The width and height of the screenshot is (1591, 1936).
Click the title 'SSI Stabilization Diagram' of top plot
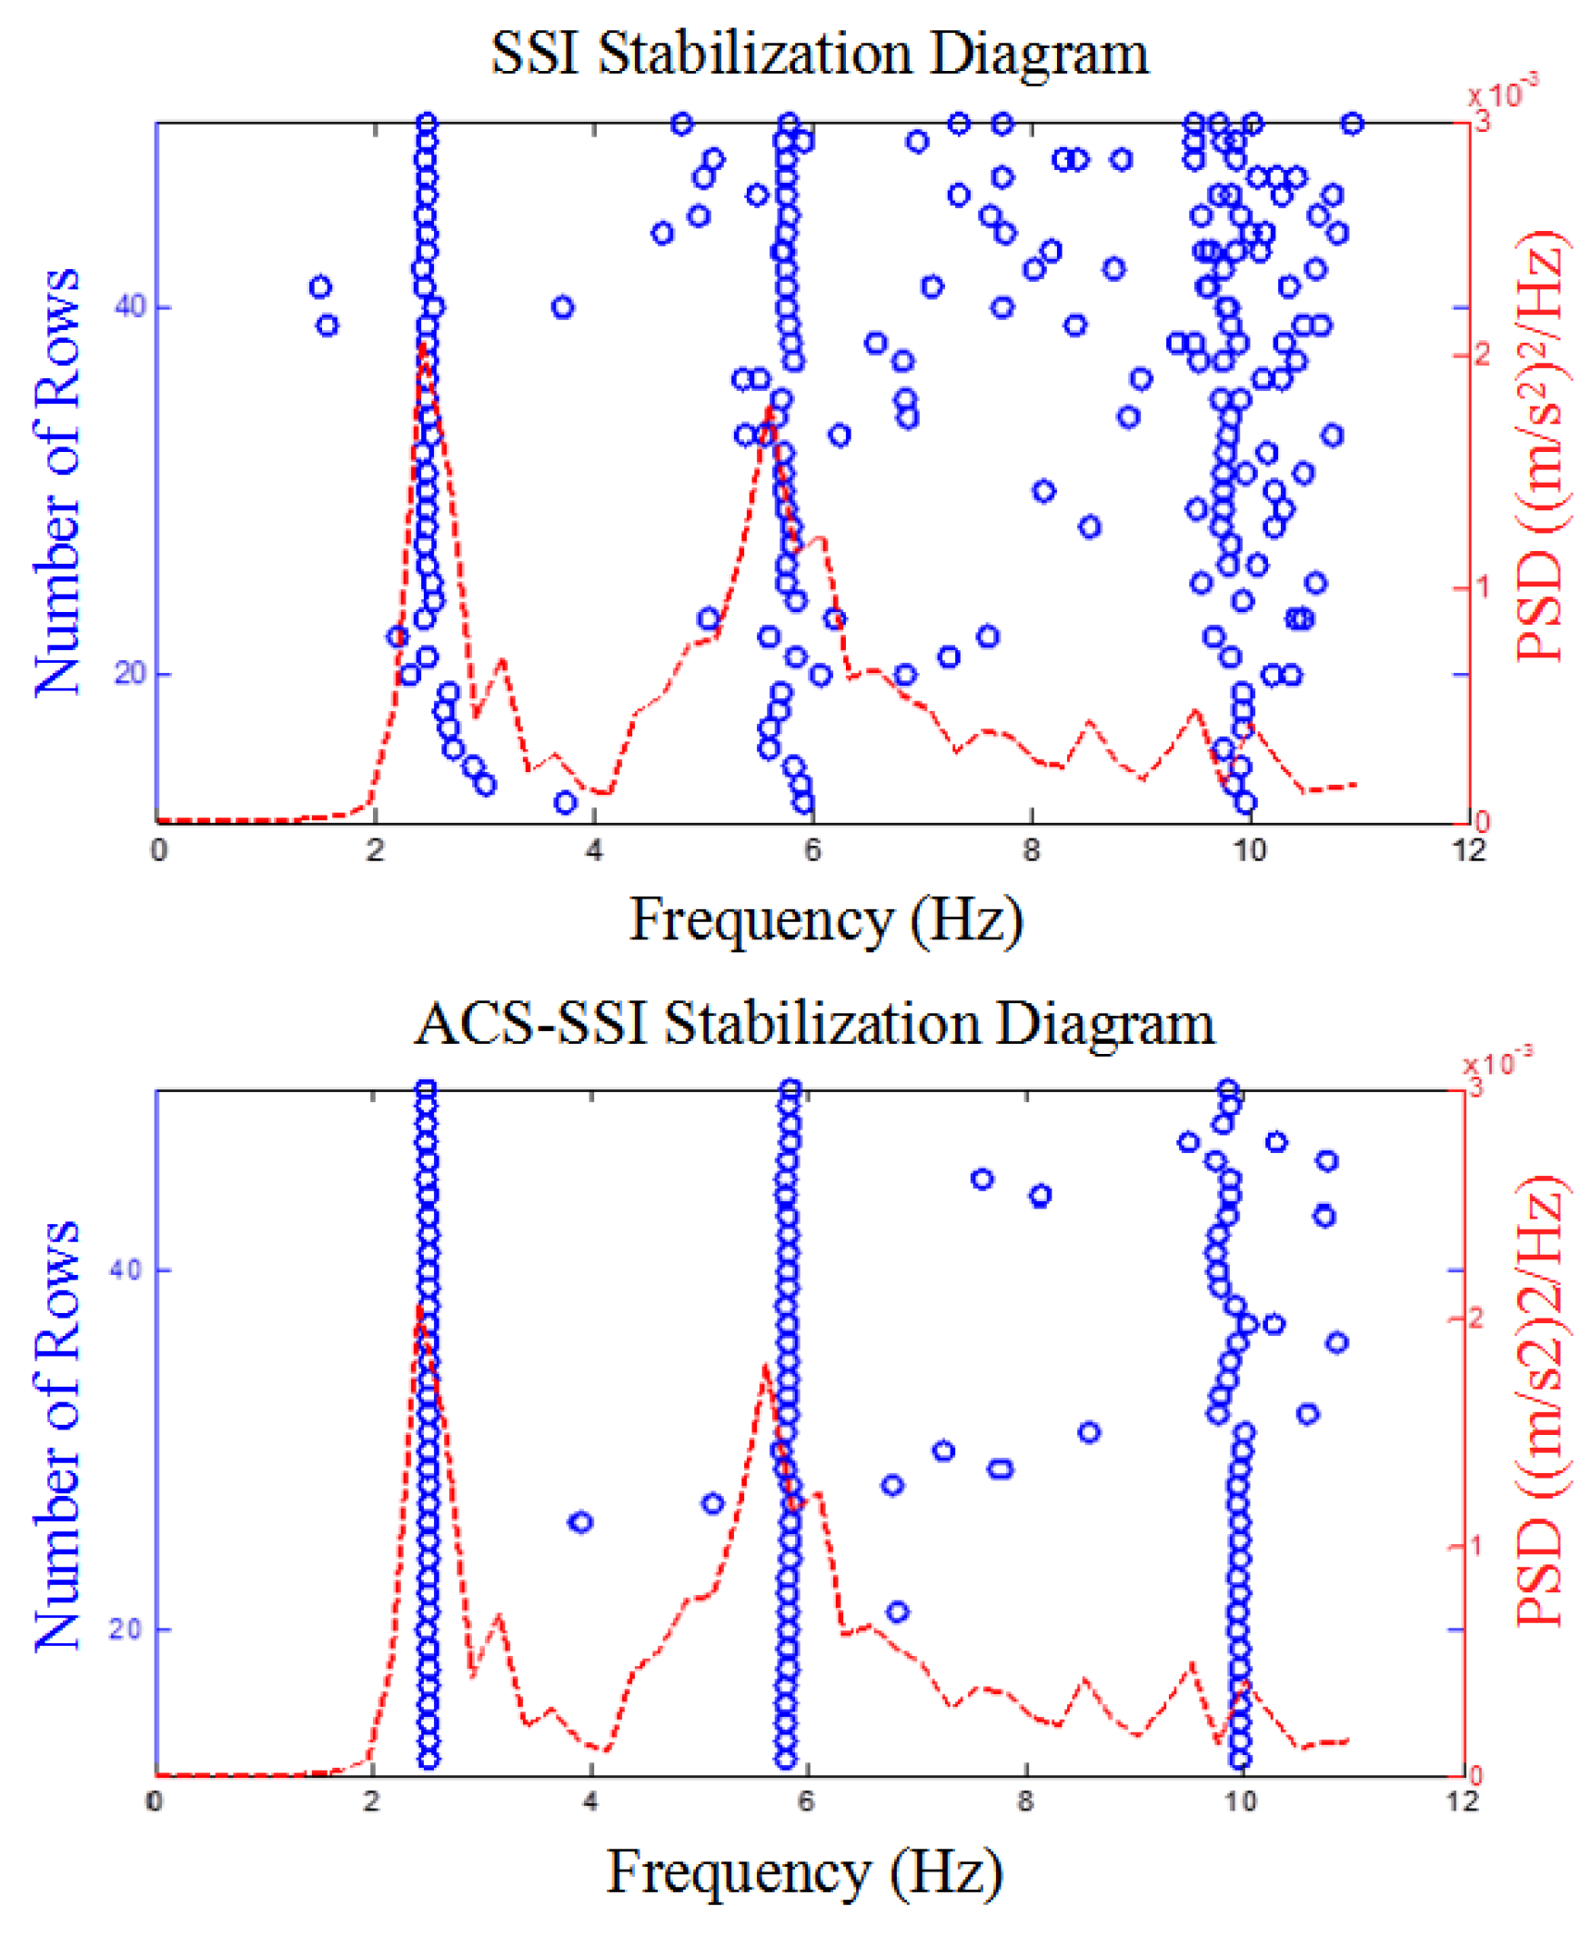[x=819, y=53]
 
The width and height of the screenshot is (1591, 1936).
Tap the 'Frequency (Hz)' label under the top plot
[x=825, y=919]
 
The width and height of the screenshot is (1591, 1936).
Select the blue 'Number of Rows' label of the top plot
[x=56, y=482]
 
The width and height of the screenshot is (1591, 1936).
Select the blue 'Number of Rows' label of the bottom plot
[x=56, y=1435]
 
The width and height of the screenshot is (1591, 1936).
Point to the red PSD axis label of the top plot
[x=1538, y=446]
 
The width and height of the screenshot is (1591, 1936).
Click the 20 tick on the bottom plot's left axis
[x=126, y=1628]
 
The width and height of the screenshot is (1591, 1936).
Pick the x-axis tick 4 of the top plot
[x=595, y=850]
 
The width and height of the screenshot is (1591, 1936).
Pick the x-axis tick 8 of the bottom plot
[x=1024, y=1801]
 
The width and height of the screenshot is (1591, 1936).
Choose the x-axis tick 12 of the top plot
[x=1469, y=850]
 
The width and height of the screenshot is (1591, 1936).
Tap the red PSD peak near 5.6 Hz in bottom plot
[x=764, y=1368]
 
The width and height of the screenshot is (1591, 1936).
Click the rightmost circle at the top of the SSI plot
[x=1352, y=124]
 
